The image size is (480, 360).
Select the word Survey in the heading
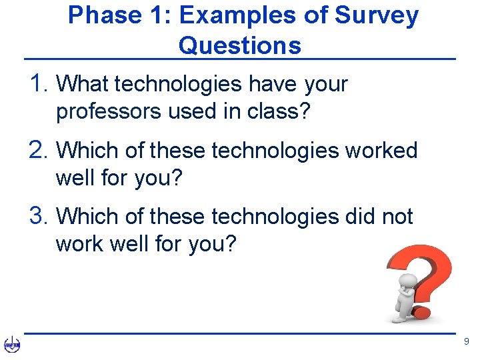coord(378,15)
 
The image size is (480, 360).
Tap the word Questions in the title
coord(240,45)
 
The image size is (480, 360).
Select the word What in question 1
coord(83,84)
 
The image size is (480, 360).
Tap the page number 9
coord(466,341)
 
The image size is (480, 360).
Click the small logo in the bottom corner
coord(12,344)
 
